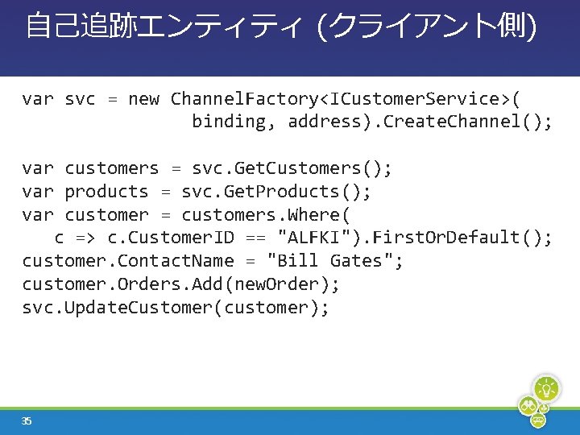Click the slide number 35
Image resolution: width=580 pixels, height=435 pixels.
[27, 420]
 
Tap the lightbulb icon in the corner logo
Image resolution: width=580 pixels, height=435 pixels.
[547, 389]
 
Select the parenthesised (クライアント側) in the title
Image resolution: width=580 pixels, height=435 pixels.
[427, 26]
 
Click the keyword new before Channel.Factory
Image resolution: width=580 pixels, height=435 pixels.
[143, 99]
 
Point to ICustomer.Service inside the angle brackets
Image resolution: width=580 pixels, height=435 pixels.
[416, 99]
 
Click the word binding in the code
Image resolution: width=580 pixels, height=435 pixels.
[229, 122]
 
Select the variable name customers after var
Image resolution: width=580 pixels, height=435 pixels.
[112, 168]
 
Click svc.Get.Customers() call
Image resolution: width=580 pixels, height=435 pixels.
[292, 168]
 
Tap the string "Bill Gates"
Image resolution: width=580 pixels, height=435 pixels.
[334, 261]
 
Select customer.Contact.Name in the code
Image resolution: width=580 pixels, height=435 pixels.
[128, 261]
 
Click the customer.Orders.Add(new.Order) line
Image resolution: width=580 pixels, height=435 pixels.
[181, 284]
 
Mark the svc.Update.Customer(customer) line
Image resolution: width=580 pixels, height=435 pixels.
[176, 308]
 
